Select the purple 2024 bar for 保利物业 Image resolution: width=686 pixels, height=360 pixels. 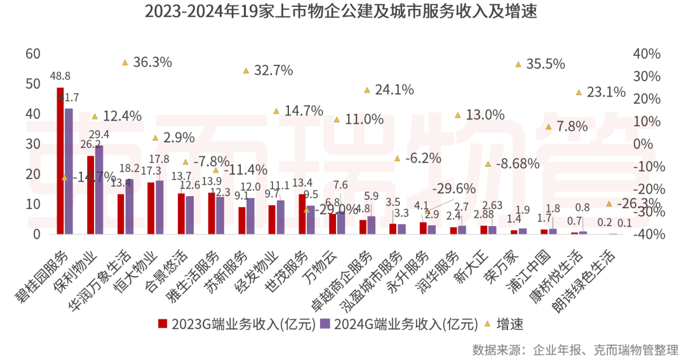pyautogui.click(x=98, y=190)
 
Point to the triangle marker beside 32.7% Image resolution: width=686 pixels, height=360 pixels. pyautogui.click(x=246, y=70)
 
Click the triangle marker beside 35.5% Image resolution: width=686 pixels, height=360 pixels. pyautogui.click(x=518, y=64)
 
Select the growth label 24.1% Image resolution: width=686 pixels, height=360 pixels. pyautogui.click(x=394, y=90)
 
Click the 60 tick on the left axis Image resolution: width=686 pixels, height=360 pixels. pyautogui.click(x=32, y=54)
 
